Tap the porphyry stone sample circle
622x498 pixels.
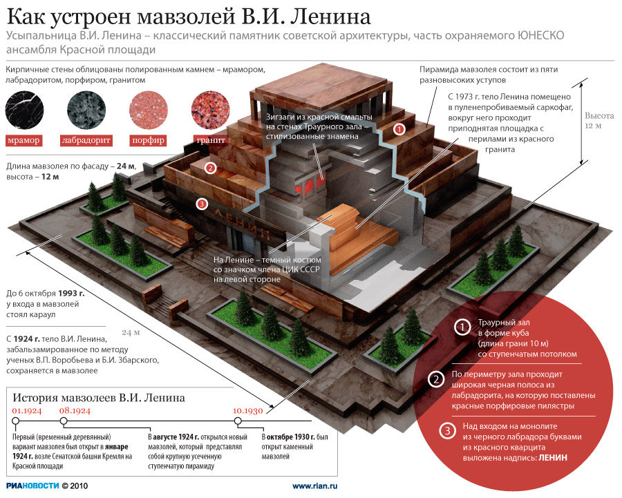[147, 111]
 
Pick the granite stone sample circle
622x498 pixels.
[210, 111]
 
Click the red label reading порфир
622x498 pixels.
[147, 141]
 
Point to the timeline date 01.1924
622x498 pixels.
[27, 410]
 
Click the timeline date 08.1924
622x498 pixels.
[75, 410]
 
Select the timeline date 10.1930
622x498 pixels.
[247, 410]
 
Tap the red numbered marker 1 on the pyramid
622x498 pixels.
[399, 128]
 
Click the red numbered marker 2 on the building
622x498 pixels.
[211, 168]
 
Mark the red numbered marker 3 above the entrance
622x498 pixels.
[200, 203]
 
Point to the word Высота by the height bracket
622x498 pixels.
[597, 116]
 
